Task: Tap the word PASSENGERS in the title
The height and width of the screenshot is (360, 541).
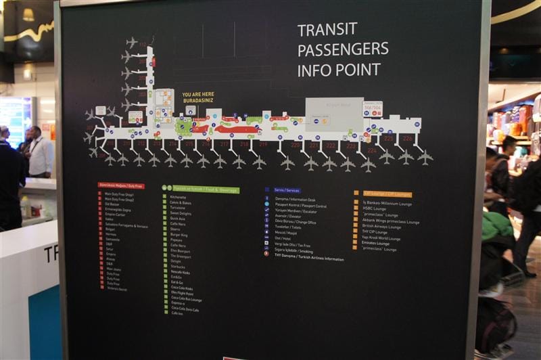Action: click(343, 49)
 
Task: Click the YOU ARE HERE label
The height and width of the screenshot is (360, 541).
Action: click(197, 95)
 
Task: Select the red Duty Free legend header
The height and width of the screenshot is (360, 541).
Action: click(121, 185)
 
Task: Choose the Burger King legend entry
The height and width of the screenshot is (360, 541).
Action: click(179, 235)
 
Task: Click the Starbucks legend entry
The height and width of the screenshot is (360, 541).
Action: click(178, 267)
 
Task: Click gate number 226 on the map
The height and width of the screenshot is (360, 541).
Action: click(406, 138)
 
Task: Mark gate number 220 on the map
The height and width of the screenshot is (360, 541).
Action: click(296, 145)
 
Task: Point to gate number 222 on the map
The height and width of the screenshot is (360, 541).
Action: click(330, 145)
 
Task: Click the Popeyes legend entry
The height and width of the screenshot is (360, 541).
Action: click(177, 240)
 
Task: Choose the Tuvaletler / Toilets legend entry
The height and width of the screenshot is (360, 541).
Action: click(289, 228)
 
